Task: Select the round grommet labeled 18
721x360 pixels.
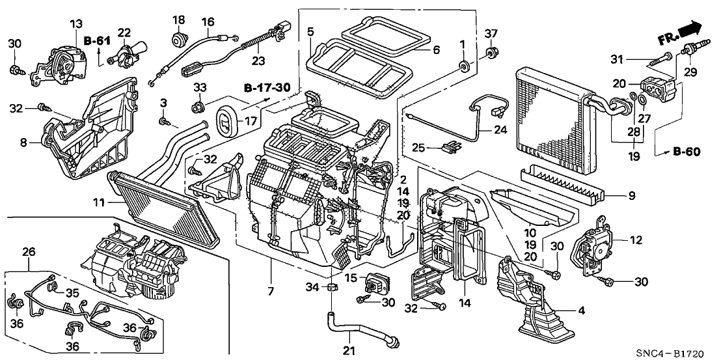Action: [x=178, y=40]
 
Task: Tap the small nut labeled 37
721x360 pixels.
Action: [x=493, y=51]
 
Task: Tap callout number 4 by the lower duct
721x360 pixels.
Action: [x=582, y=311]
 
